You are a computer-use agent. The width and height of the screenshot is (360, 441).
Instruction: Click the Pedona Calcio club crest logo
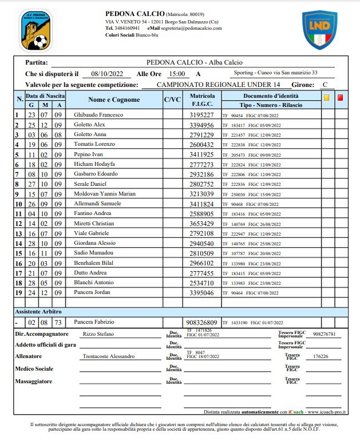coord(35,30)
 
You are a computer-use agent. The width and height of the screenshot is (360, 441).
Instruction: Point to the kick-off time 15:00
coord(177,74)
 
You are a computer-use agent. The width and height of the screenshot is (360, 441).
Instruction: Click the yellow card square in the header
coord(326,97)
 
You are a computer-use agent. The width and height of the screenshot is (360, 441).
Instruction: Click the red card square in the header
coord(341,97)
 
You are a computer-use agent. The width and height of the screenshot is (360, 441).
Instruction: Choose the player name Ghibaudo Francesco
coord(98,114)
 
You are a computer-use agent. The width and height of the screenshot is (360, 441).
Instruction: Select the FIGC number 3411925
coord(202,154)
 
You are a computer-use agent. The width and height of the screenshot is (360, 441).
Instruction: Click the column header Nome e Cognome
coord(114,100)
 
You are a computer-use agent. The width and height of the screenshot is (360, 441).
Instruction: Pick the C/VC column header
coord(172,100)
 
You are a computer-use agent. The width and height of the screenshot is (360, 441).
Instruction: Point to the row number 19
coord(17,292)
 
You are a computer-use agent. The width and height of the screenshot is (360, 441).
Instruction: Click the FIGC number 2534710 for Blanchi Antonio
coord(202,283)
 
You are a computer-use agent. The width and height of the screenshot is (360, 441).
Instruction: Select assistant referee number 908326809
coord(202,322)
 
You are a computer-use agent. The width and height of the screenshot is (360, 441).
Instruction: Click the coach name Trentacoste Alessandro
coord(109,356)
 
